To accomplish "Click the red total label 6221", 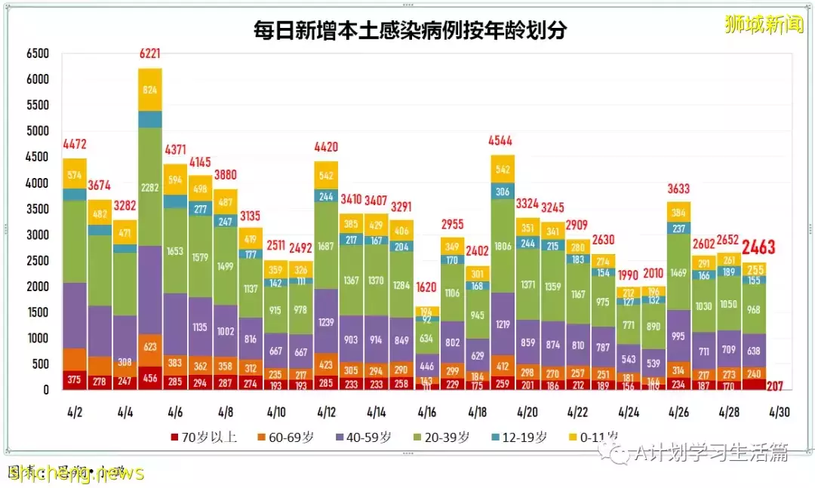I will point(150,54).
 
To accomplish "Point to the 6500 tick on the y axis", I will point(37,54).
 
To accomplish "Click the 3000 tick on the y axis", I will point(37,235).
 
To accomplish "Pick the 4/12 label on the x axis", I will point(326,412).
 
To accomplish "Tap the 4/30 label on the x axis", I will point(779,412).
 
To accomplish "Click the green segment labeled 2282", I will point(150,186).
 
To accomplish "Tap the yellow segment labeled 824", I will point(150,90).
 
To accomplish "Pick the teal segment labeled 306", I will point(503,192).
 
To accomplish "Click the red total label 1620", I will point(427,287).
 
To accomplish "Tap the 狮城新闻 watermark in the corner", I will point(764,25).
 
